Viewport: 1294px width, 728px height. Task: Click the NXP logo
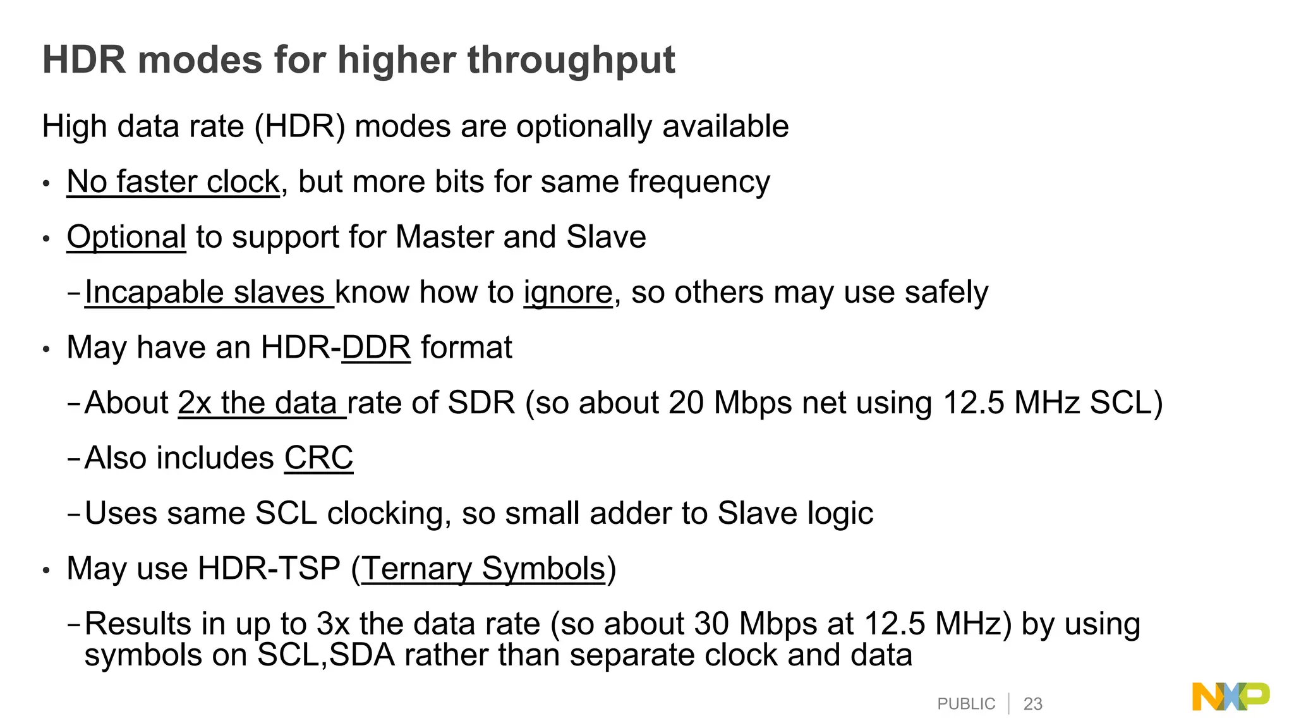1230,696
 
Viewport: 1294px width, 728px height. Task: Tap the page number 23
1032,704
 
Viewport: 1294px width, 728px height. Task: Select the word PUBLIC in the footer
966,704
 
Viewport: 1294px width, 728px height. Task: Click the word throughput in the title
571,61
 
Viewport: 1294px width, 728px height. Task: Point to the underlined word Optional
126,237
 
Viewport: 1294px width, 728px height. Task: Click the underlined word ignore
567,293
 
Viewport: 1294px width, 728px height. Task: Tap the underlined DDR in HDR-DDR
376,348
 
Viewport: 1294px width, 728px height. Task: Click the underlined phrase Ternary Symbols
483,568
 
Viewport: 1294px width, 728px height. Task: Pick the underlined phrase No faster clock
173,182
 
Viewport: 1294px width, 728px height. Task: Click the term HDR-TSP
269,568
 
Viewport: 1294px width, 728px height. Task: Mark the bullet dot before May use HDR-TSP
45,571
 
